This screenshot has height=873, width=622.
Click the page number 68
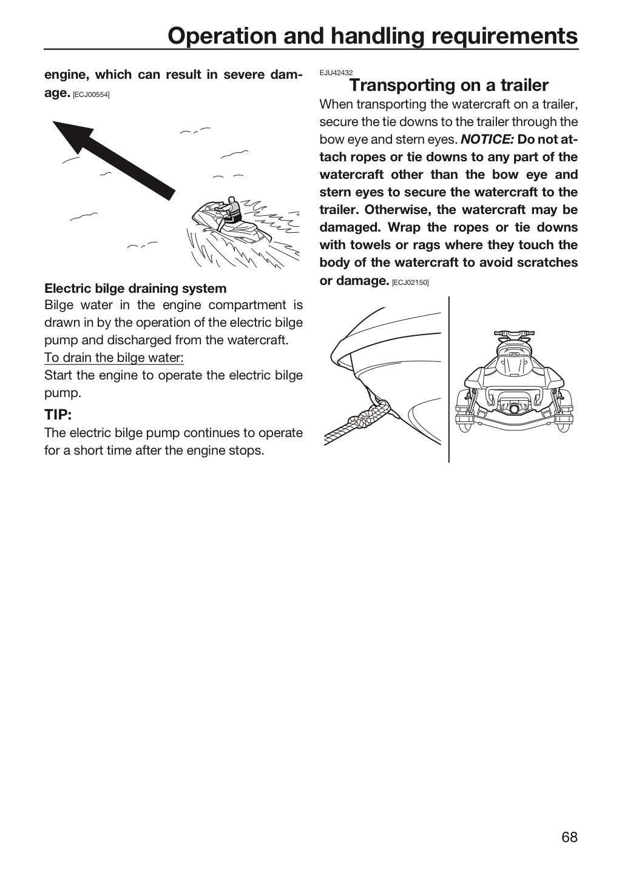click(x=569, y=837)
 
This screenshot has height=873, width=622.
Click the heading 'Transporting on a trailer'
click(x=448, y=85)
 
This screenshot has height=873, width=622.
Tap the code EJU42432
click(x=336, y=73)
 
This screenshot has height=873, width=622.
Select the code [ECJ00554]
click(x=91, y=95)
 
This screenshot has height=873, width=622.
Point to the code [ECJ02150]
click(x=410, y=283)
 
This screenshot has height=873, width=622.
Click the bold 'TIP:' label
click(x=58, y=415)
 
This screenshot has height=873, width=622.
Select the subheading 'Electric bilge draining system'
click(x=135, y=289)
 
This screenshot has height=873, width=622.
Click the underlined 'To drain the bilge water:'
click(x=114, y=358)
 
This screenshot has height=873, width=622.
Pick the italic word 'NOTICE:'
click(x=487, y=139)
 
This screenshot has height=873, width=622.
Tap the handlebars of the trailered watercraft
click(x=514, y=334)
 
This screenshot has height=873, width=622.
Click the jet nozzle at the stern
click(x=513, y=408)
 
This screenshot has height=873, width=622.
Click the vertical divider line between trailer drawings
click(x=448, y=380)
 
